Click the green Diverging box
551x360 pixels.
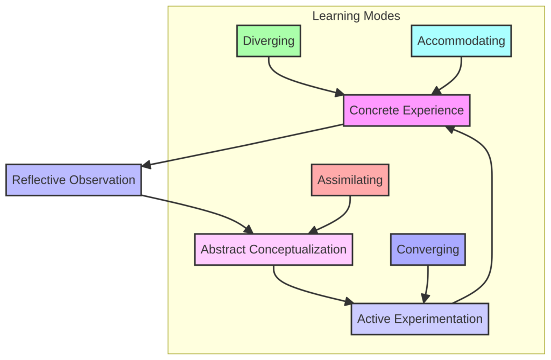[x=269, y=41]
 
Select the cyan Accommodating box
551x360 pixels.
[x=461, y=41]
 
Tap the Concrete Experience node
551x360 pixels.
[x=406, y=110]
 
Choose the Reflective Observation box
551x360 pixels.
[x=73, y=180]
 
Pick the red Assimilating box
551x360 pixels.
[x=350, y=180]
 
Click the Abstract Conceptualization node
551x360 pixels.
[x=273, y=249]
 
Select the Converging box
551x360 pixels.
[x=428, y=249]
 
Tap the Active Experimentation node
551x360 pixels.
[x=420, y=319]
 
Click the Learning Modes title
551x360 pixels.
[x=356, y=16]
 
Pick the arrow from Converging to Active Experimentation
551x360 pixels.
[x=427, y=283]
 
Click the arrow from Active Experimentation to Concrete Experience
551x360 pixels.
[x=491, y=215]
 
